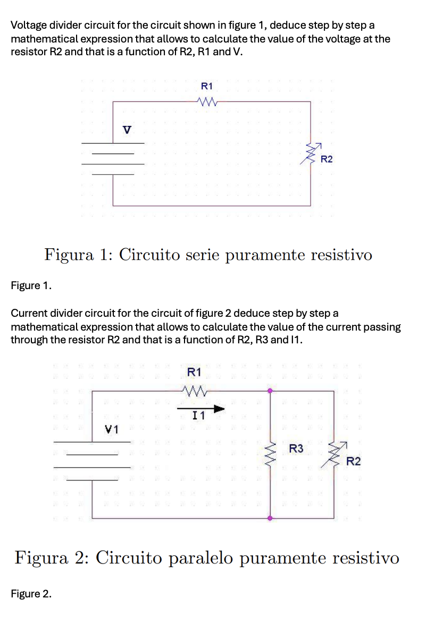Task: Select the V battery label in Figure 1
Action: coord(127,129)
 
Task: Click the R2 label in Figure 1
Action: coord(327,159)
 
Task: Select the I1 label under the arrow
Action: coord(198,417)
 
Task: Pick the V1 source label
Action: coord(112,428)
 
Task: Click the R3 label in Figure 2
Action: coord(296,449)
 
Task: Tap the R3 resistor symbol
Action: coord(271,453)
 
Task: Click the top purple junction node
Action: coord(270,391)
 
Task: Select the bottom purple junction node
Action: coord(270,518)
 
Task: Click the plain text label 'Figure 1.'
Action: coord(31,286)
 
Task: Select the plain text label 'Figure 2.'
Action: coord(31,594)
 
